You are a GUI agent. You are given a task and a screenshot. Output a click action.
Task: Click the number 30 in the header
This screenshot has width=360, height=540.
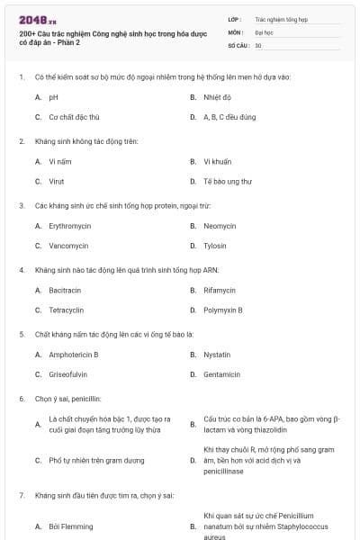pos(258,45)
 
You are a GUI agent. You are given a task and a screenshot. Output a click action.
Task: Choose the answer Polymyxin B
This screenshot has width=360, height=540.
pos(222,310)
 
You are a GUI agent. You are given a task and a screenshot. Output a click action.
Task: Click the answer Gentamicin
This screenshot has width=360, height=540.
pos(221,374)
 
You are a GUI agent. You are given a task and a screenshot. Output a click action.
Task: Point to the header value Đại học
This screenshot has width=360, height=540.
pos(264,31)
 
